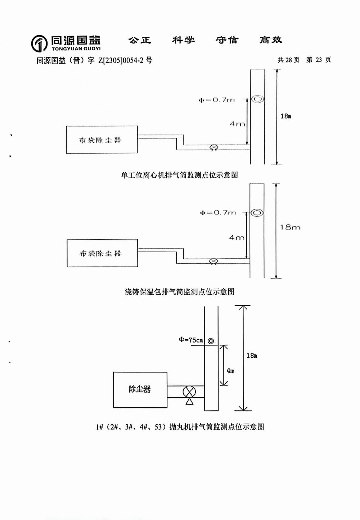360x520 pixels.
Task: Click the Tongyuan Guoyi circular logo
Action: [x=39, y=44]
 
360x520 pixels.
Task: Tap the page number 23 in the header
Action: [x=319, y=60]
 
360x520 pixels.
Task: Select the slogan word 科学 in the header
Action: [x=183, y=40]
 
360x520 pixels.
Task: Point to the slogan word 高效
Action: [x=271, y=40]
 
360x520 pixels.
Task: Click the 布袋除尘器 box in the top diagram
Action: [x=102, y=140]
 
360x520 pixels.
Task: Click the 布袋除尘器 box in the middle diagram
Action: [x=102, y=253]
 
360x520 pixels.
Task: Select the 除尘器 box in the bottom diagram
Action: [x=140, y=389]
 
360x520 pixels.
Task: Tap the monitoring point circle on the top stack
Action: [x=257, y=99]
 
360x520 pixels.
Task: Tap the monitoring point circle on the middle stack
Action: [x=257, y=213]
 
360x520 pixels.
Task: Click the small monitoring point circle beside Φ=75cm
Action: [x=211, y=341]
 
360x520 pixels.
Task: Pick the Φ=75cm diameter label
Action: [x=191, y=340]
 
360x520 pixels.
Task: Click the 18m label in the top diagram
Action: [x=286, y=116]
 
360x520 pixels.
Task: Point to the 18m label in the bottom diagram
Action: [x=252, y=356]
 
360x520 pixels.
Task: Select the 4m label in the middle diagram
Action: [x=237, y=238]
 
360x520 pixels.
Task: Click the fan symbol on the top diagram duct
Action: [x=213, y=148]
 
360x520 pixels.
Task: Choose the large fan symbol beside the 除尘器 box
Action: [x=189, y=392]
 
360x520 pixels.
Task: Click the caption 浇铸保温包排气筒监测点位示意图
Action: [x=180, y=291]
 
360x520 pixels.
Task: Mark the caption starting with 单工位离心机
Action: [x=179, y=175]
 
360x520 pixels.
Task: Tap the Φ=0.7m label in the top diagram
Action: [x=217, y=100]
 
